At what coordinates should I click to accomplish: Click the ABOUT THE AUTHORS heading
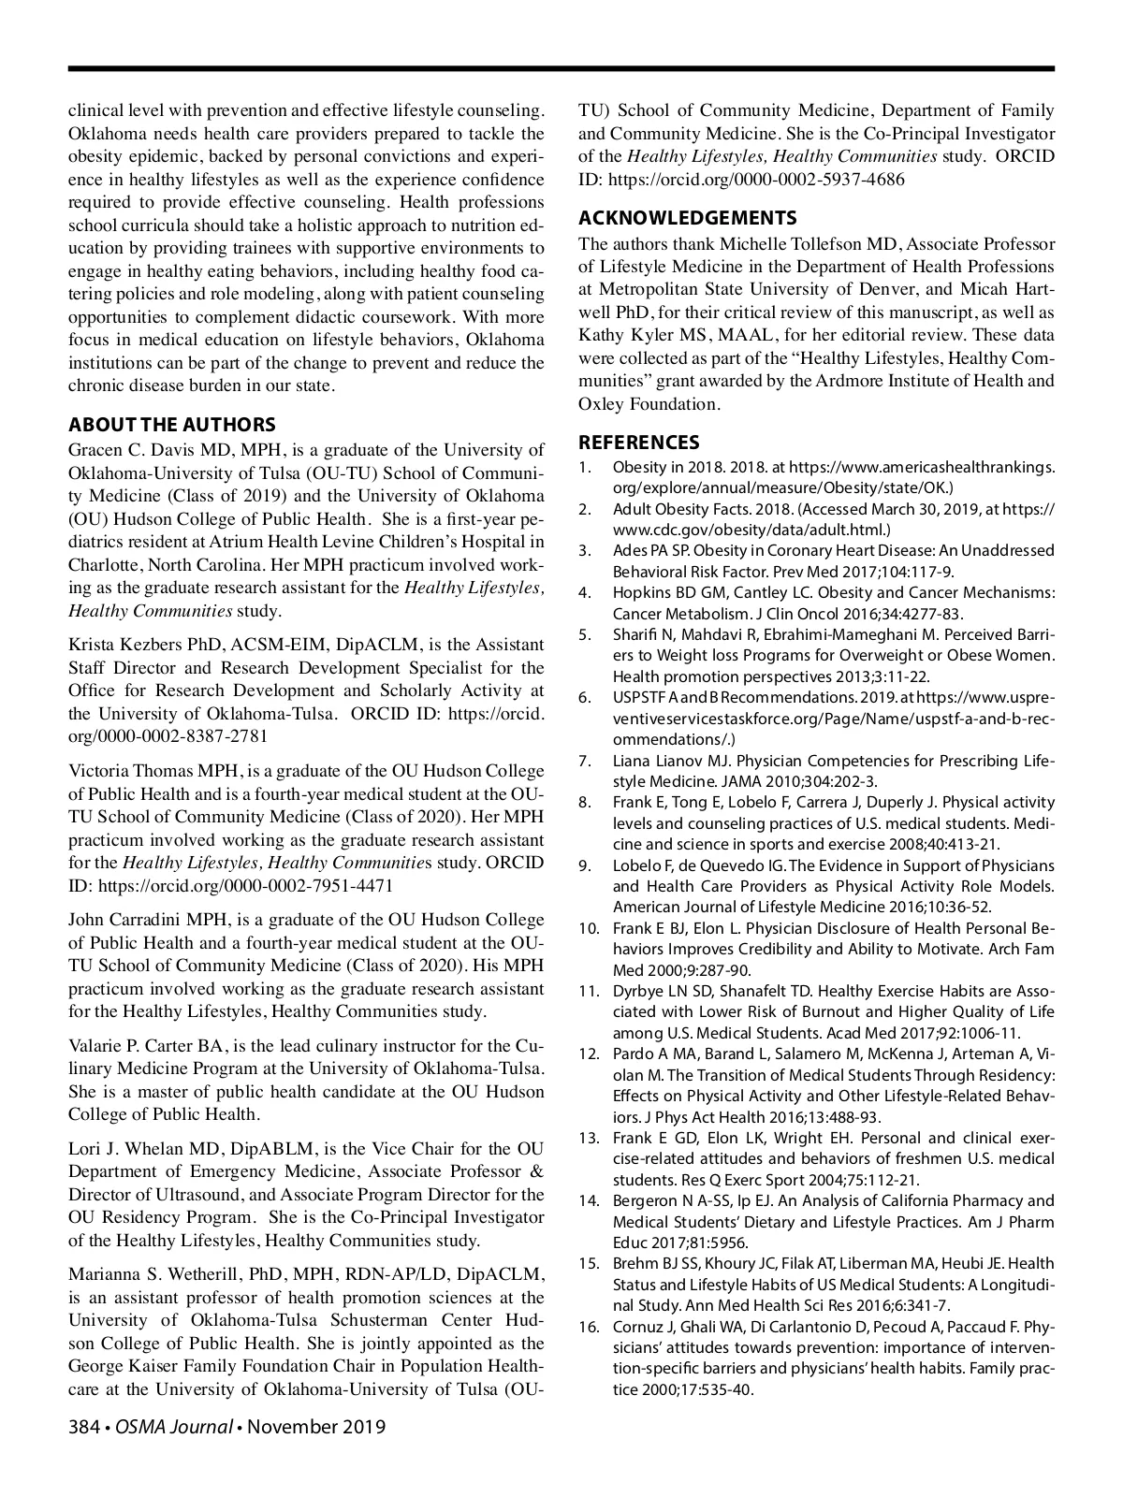point(171,425)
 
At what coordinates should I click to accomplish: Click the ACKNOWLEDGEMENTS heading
point(687,218)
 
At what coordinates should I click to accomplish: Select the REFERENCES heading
point(638,443)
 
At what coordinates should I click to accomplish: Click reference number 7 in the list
point(584,761)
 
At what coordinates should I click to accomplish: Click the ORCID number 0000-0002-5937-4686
point(809,179)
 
